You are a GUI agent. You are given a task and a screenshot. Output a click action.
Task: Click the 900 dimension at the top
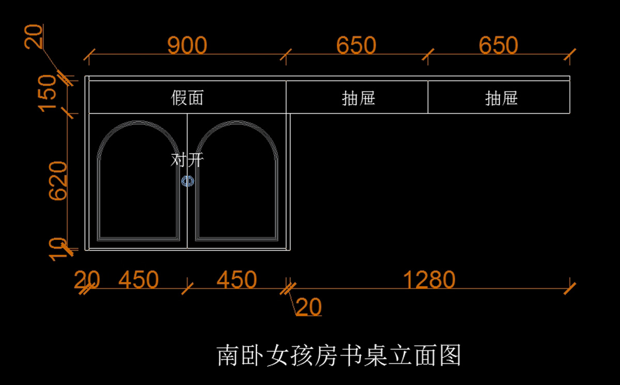[187, 45]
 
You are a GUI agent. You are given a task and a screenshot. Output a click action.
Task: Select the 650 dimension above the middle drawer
[356, 45]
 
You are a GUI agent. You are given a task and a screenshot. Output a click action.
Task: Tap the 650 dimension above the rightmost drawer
[498, 45]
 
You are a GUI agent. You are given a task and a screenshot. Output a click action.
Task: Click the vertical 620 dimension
[58, 181]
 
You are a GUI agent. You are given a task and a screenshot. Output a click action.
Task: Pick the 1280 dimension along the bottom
[429, 280]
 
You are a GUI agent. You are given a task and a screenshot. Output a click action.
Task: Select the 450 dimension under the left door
[138, 280]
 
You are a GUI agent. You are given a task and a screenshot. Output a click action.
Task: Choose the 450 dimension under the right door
[236, 280]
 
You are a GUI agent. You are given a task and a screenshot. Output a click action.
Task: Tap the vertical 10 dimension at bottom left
[58, 249]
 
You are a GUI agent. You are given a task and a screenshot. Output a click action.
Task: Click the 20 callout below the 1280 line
[309, 307]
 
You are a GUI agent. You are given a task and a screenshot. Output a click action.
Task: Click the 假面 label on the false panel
[187, 98]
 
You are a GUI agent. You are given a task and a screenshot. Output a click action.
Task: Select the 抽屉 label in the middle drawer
[358, 98]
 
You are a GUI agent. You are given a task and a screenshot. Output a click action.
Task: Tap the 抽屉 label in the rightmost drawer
[501, 98]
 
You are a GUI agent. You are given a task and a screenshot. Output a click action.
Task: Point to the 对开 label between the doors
[187, 160]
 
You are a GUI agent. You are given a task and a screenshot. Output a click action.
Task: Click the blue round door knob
[187, 181]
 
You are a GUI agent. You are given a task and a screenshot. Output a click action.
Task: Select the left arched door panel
[138, 191]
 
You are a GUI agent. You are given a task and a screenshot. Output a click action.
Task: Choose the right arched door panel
[237, 191]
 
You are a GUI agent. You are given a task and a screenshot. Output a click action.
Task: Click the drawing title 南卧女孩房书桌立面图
[338, 356]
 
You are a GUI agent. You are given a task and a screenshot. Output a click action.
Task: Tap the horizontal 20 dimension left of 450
[86, 280]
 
